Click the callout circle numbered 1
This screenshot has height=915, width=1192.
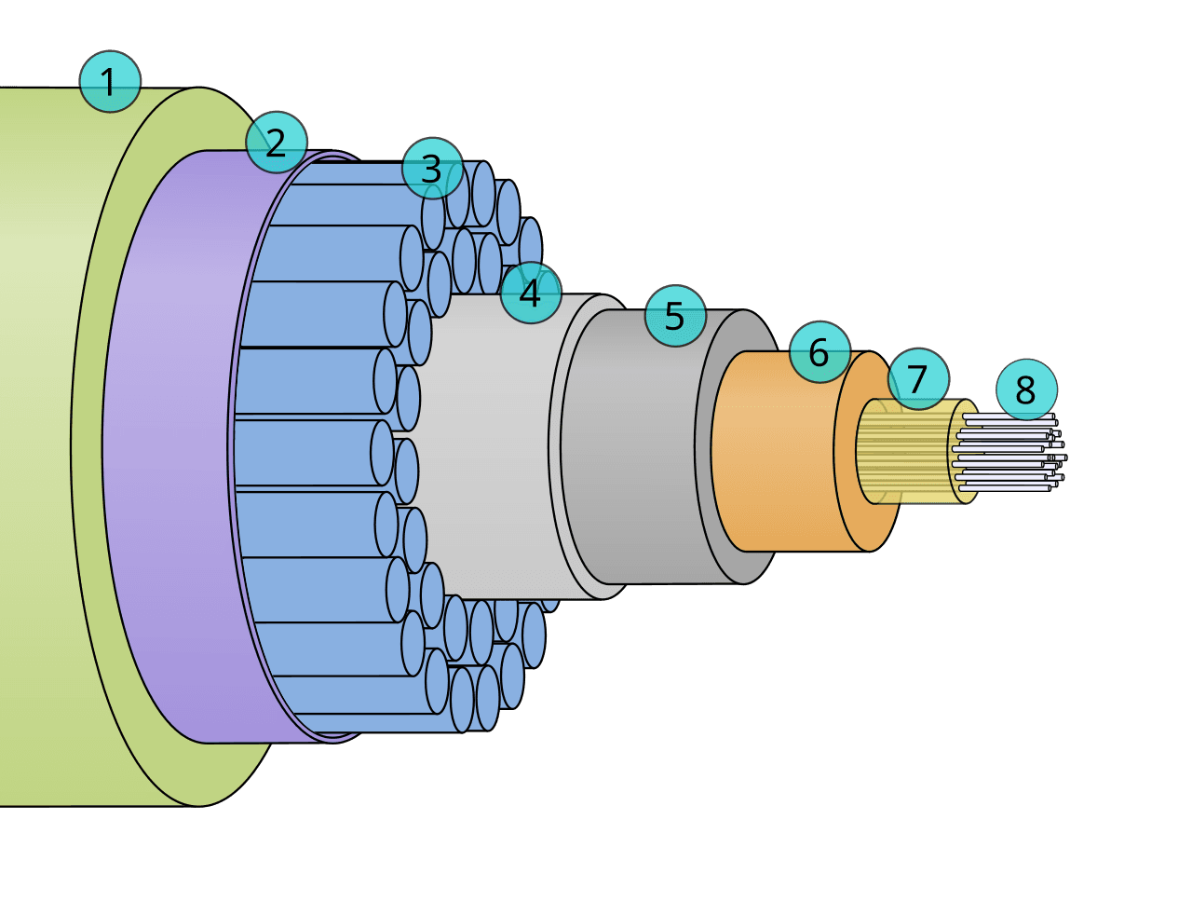tap(110, 82)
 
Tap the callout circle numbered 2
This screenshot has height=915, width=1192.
tap(276, 143)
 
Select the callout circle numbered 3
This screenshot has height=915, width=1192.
tap(432, 168)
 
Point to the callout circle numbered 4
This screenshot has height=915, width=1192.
tap(531, 293)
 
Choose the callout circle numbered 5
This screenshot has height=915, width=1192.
tap(675, 316)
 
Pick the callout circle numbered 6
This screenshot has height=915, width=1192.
tap(820, 352)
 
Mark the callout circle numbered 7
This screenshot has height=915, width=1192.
tap(917, 378)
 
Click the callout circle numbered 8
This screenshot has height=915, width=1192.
tap(1026, 389)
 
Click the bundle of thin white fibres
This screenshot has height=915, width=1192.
tap(1009, 453)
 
